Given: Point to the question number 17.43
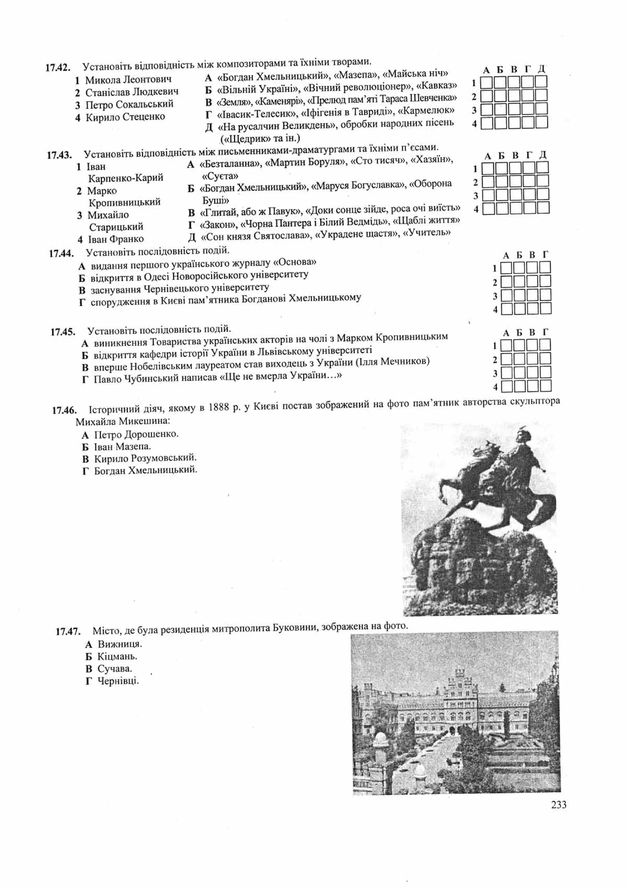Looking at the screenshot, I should (59, 155).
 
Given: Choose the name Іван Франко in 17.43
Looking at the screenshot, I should (116, 239).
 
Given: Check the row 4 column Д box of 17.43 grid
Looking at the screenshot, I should (543, 209).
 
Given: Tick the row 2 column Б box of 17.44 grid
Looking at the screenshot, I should (519, 282).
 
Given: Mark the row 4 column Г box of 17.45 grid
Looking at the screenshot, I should (545, 386).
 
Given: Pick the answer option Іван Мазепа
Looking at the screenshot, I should (122, 447).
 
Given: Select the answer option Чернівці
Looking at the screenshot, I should (118, 681).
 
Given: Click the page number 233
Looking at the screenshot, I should (558, 804).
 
